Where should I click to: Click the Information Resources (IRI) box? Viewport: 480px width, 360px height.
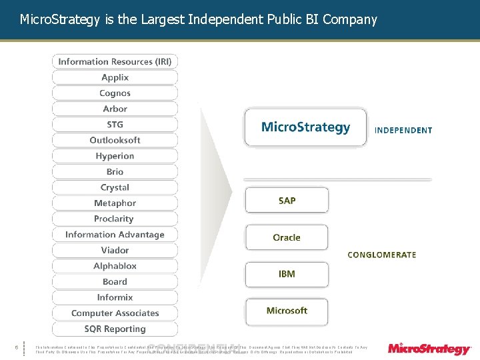115,61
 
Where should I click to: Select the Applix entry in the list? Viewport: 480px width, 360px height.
115,77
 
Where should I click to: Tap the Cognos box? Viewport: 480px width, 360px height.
115,93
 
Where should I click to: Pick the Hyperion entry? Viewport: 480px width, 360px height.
115,156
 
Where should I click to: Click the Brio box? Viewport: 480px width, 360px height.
115,172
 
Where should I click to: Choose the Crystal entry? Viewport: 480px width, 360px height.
115,187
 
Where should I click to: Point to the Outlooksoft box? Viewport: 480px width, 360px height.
115,140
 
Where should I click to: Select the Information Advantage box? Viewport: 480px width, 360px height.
115,235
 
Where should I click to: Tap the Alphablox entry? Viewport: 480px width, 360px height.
115,266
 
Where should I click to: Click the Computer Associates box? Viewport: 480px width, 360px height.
115,313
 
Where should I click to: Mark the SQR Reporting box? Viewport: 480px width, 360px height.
115,329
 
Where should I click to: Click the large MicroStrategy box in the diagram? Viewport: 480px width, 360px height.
305,127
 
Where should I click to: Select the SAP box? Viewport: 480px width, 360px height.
287,201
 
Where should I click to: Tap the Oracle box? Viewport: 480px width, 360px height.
287,237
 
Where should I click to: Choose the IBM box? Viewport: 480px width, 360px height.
287,274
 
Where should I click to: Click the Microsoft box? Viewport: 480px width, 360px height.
287,311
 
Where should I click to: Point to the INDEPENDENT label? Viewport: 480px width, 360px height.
403,131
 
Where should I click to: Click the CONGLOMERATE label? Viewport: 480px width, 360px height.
382,255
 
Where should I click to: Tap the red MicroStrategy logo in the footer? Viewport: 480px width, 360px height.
429,349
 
